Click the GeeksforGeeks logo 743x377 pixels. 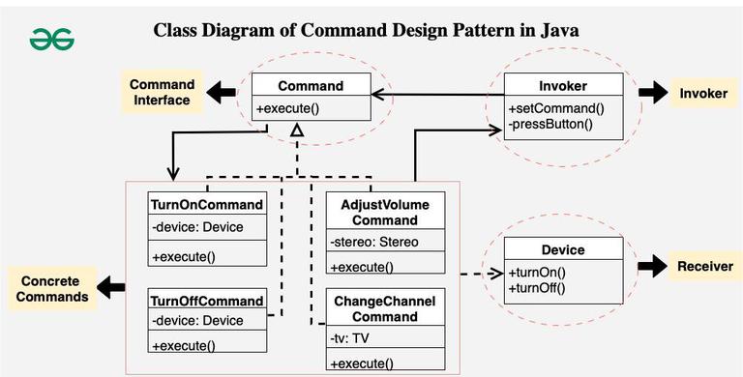pos(51,39)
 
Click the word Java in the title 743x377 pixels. pos(555,30)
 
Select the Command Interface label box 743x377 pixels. pos(163,93)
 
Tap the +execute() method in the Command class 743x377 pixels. pos(288,109)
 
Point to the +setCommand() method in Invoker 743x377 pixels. pos(550,107)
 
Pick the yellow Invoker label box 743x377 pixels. pos(703,93)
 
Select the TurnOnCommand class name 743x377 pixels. pos(208,205)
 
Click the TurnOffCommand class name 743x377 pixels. pos(208,301)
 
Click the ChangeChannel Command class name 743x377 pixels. pos(385,309)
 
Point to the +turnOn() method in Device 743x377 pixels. pos(536,273)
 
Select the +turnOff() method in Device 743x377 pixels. pos(537,287)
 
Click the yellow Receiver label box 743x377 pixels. pos(704,266)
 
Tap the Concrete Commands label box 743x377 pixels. pos(54,288)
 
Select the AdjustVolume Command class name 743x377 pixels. pos(385,212)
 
